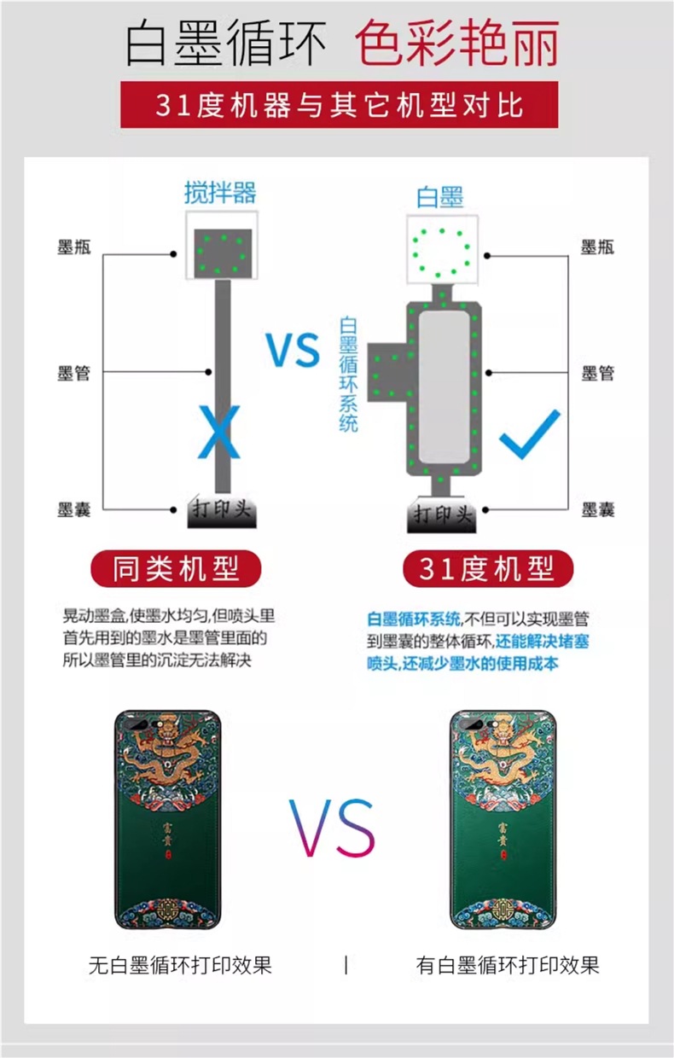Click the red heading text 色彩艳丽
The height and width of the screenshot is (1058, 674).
[x=457, y=44]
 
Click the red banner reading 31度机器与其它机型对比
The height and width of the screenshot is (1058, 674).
[x=339, y=105]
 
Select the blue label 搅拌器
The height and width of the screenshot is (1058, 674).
[x=220, y=192]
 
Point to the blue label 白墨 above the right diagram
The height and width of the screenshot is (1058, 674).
[x=440, y=197]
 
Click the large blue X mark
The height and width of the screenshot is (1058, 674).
[x=220, y=433]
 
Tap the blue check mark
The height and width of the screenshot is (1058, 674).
[x=530, y=434]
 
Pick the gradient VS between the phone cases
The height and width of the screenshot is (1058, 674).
[x=331, y=828]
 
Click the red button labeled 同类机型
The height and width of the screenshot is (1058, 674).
[x=177, y=567]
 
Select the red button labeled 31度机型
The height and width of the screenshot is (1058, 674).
[x=487, y=567]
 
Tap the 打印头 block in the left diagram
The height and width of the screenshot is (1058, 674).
[x=221, y=512]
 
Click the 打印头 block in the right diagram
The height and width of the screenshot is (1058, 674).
[x=443, y=515]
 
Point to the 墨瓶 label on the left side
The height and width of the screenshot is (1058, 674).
[x=74, y=248]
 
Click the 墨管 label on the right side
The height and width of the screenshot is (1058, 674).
[x=598, y=373]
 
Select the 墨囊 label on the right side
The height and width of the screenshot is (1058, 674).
[x=598, y=509]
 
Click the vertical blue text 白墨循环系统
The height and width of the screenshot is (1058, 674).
[x=348, y=374]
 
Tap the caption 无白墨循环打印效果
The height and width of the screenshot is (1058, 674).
[x=180, y=965]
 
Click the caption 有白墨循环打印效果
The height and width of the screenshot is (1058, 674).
[x=508, y=965]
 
